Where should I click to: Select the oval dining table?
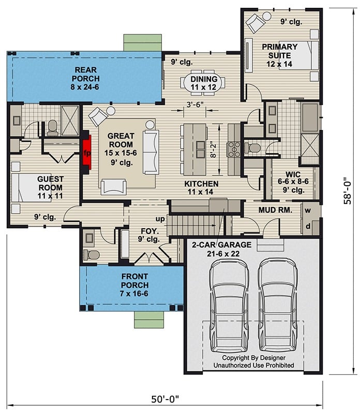tap(202, 83)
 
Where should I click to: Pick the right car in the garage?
tap(279, 304)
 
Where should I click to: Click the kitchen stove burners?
tap(234, 149)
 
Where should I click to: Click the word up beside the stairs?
tap(161, 219)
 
